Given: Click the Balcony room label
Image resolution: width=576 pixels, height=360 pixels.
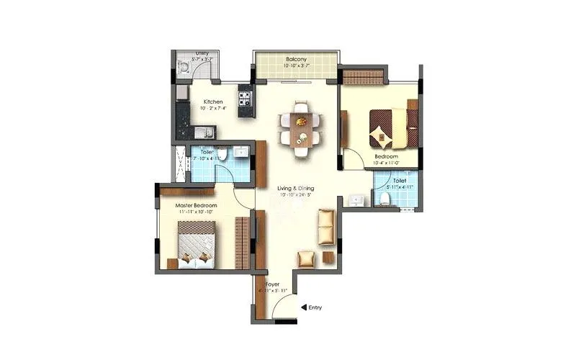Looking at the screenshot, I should click(297, 59).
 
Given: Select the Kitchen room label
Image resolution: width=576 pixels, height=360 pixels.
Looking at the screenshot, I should click(213, 102).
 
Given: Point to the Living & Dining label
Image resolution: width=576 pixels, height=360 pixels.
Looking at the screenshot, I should click(296, 189).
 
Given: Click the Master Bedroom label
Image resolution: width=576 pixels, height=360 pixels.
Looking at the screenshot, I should click(197, 204).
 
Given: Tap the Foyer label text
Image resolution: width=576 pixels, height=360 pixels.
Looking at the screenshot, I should click(272, 284).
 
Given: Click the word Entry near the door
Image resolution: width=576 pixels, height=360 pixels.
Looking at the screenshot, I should click(315, 307).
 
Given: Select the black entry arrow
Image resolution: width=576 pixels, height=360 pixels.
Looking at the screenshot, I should click(304, 307).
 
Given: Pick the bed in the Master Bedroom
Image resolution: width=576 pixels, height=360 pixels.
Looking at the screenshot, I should click(196, 243).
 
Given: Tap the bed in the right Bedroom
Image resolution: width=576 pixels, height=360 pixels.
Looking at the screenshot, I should click(393, 127).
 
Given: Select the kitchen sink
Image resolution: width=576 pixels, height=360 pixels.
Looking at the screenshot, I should click(203, 132).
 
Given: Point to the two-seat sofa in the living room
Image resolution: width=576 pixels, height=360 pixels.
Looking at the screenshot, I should click(326, 225).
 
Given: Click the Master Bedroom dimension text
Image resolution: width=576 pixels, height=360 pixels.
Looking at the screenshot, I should click(197, 212).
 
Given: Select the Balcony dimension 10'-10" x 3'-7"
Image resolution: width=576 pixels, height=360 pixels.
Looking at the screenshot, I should click(297, 66).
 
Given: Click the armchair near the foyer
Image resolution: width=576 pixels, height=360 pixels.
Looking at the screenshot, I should click(307, 258).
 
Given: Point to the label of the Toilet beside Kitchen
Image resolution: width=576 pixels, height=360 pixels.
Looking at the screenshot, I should click(207, 152).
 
